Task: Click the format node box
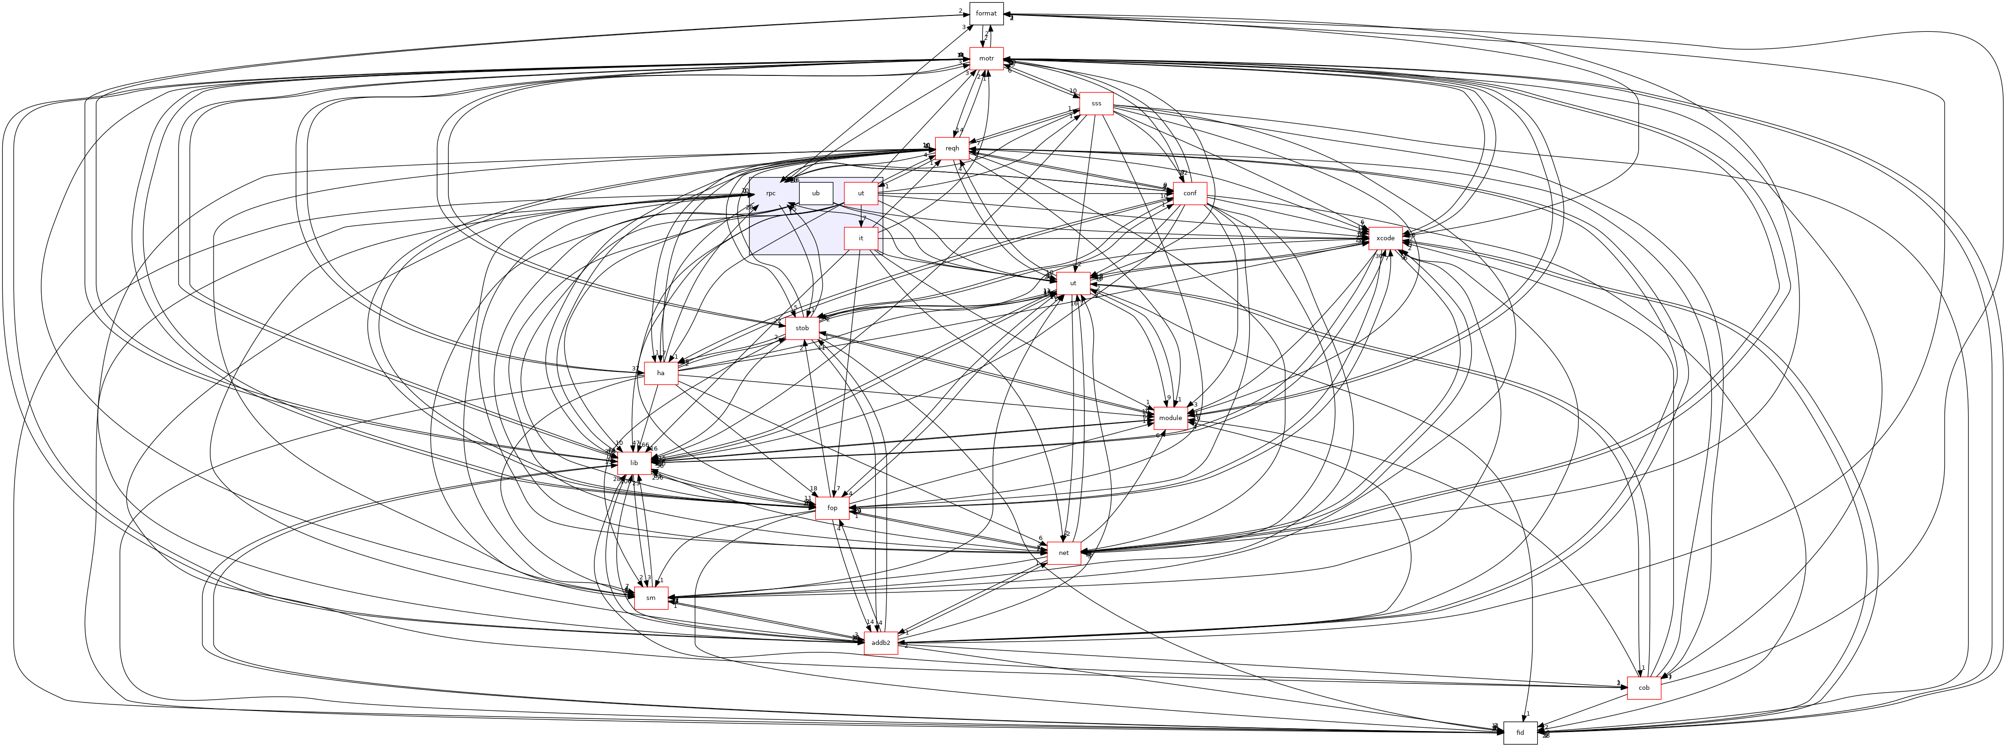click(x=986, y=13)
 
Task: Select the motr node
click(x=986, y=59)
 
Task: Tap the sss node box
click(x=1096, y=104)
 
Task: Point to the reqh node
click(x=952, y=148)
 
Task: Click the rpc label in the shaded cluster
click(x=770, y=193)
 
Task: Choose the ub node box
click(x=815, y=193)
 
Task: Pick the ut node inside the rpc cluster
click(x=861, y=193)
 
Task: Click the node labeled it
click(x=861, y=238)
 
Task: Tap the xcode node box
click(x=1385, y=238)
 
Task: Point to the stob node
click(x=802, y=328)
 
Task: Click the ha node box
click(x=660, y=373)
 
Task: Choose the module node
click(x=1170, y=418)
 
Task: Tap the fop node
click(x=832, y=508)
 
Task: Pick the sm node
click(x=651, y=598)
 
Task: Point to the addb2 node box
click(x=881, y=643)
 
